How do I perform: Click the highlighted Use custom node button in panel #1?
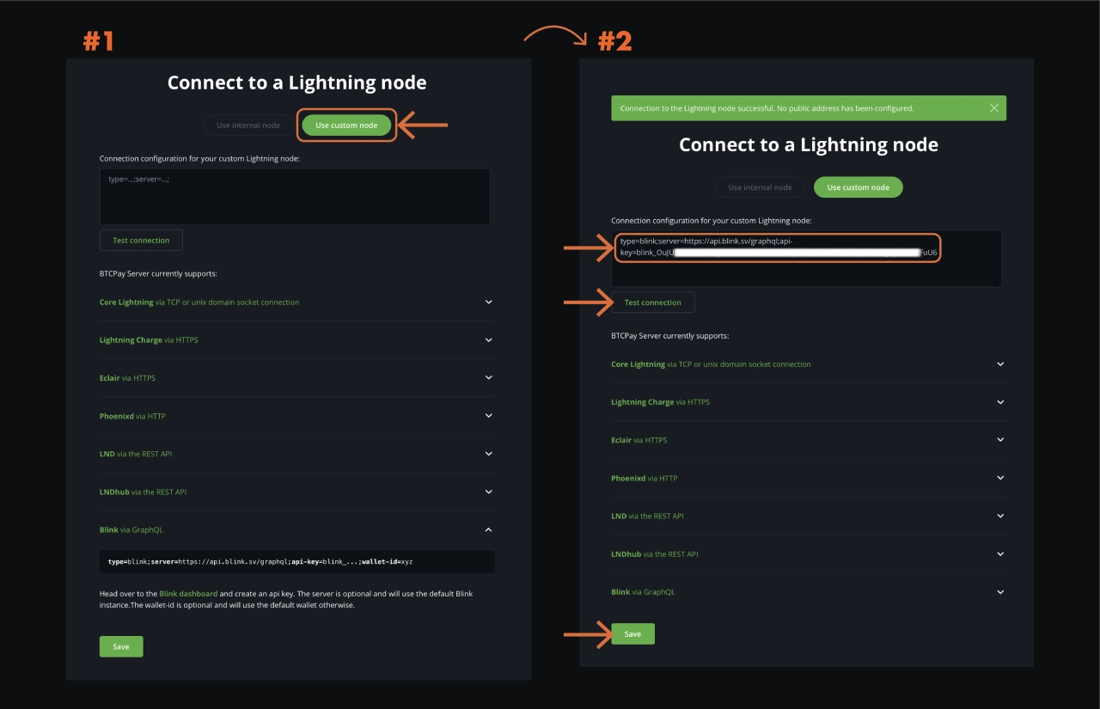[346, 125]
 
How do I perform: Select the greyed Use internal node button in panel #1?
[248, 125]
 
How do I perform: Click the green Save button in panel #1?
[121, 646]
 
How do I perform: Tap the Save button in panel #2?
[632, 634]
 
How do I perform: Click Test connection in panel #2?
[652, 303]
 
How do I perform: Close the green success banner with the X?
[993, 108]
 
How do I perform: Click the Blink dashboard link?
[188, 594]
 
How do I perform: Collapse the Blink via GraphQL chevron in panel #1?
[489, 529]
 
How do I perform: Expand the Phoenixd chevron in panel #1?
[489, 416]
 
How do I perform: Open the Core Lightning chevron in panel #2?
[1000, 364]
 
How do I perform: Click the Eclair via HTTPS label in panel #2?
[639, 440]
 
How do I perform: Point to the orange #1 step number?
[98, 41]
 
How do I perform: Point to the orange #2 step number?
[614, 41]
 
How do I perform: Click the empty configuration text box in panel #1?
[295, 197]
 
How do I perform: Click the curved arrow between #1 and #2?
[554, 34]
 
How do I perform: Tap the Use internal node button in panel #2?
[760, 187]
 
